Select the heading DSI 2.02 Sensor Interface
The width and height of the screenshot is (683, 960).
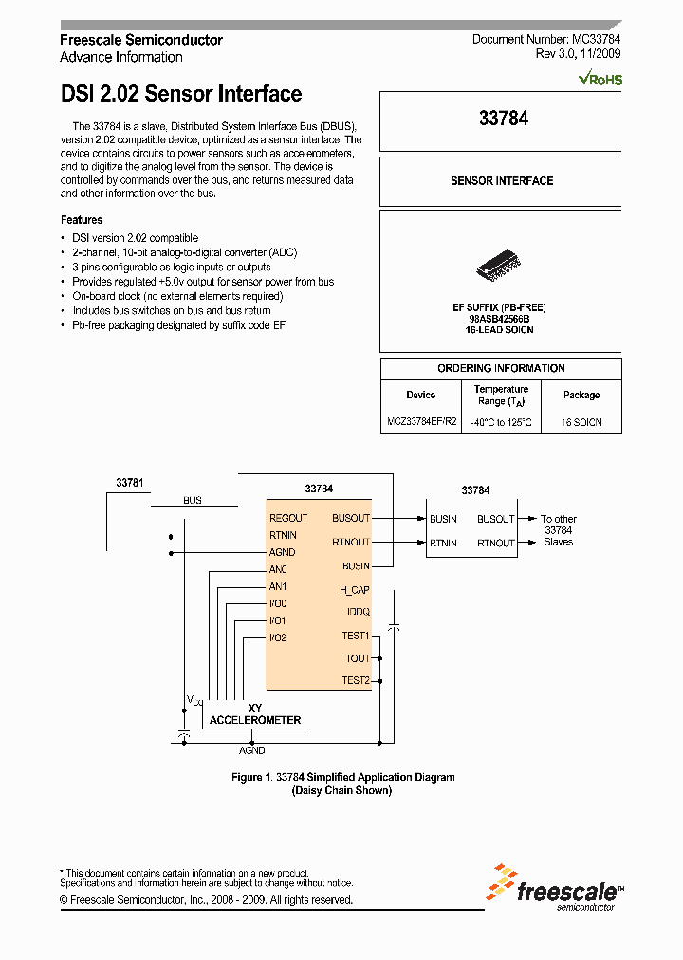coord(181,94)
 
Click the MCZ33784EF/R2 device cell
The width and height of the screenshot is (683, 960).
coord(421,421)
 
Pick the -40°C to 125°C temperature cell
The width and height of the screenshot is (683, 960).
coord(501,422)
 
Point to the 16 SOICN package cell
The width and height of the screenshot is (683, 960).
coord(581,422)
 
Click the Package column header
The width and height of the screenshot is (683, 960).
coord(581,395)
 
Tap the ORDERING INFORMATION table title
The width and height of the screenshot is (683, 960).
coord(501,368)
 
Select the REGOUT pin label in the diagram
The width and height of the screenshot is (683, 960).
coord(288,518)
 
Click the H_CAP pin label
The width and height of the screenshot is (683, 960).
coord(355,590)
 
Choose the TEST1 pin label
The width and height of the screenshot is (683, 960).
coord(356,636)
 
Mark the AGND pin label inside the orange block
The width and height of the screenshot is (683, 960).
coord(283,552)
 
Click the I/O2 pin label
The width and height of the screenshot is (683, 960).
coord(278,637)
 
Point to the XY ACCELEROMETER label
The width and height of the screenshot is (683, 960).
coord(254,714)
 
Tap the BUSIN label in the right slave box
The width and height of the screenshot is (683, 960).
coord(443,519)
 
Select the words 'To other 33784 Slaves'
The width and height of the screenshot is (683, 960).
coord(559,530)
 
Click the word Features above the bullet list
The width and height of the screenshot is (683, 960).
coord(82,219)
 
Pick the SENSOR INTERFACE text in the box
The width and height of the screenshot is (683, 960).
coord(501,180)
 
